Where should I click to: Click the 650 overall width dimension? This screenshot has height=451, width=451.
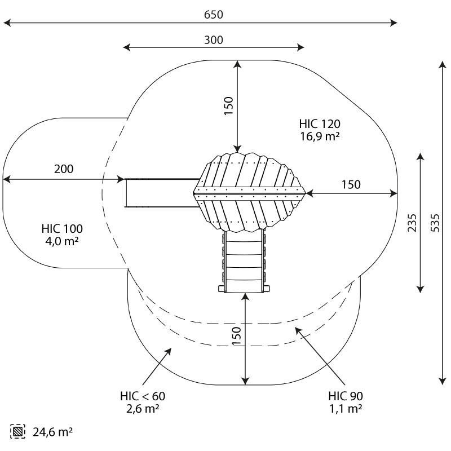point(214,15)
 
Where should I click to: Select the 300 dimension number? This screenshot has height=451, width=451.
point(214,40)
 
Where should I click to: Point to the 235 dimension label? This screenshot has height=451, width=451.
point(412,223)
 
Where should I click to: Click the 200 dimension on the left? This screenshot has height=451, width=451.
point(64,169)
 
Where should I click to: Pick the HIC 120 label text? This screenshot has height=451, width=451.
point(320,124)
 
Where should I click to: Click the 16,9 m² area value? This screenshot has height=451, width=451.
point(320,136)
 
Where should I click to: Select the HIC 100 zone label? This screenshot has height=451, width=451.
point(62,229)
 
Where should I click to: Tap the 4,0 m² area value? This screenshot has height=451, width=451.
point(62,241)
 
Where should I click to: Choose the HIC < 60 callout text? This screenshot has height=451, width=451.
point(143,396)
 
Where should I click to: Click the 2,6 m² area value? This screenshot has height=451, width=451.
point(143,408)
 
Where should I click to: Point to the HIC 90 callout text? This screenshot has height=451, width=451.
point(346,396)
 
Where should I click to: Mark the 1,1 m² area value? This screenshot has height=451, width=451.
point(346,408)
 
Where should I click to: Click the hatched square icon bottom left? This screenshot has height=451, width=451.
point(17,431)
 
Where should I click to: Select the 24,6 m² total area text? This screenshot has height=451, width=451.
point(52,432)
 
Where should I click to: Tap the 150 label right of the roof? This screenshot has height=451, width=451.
point(351,185)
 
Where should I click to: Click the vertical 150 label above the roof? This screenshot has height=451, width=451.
point(229,106)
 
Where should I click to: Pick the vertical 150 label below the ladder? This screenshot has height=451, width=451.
point(236,336)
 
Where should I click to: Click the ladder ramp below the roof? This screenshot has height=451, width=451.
point(244,261)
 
